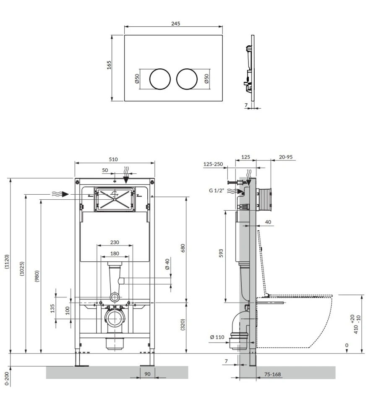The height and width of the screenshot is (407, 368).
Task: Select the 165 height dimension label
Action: (x=109, y=65)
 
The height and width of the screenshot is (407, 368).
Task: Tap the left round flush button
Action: (x=160, y=78)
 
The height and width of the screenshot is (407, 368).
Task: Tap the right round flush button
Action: (x=187, y=78)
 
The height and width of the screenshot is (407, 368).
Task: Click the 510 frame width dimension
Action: (x=113, y=159)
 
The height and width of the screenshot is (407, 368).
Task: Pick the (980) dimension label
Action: (x=37, y=276)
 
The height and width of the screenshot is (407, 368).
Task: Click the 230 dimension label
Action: (x=115, y=242)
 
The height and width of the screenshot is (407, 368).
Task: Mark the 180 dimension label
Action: (x=115, y=253)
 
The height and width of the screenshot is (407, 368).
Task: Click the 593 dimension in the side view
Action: (x=221, y=254)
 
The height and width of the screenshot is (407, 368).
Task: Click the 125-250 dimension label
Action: (x=213, y=164)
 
